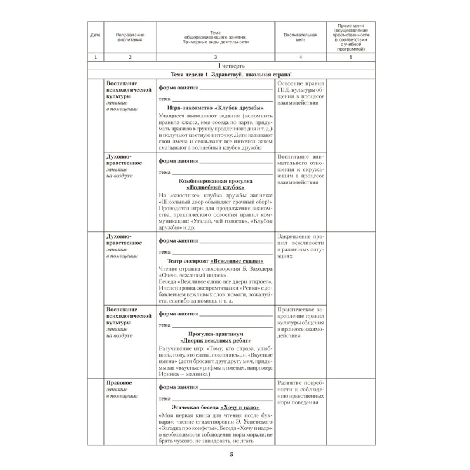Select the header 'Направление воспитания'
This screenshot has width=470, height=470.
[x=130, y=37]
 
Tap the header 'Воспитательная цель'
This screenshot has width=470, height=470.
[x=300, y=37]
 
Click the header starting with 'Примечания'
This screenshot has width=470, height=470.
[x=350, y=37]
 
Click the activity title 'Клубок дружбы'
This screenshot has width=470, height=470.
[x=239, y=108]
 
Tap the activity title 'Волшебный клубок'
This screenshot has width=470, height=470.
[x=216, y=186]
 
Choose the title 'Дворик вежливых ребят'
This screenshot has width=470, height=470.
[x=215, y=340]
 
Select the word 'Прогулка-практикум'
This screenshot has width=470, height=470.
[x=215, y=333]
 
